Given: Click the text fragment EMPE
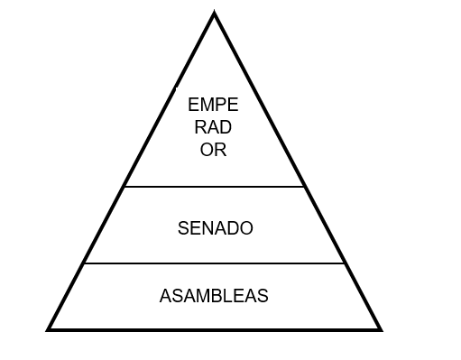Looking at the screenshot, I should pyautogui.click(x=214, y=106).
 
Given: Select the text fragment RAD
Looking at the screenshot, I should pyautogui.click(x=214, y=128).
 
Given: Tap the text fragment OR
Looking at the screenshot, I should pyautogui.click(x=214, y=150).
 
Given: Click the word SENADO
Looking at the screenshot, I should pyautogui.click(x=216, y=228).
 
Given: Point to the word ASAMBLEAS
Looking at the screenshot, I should pyautogui.click(x=214, y=296).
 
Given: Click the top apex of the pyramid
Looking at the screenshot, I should pyautogui.click(x=215, y=14).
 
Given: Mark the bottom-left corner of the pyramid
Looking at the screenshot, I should pyautogui.click(x=49, y=329).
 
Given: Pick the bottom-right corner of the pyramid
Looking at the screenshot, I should pyautogui.click(x=380, y=329).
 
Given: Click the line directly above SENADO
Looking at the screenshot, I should pyautogui.click(x=214, y=187).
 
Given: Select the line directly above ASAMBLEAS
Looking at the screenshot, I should pyautogui.click(x=214, y=263).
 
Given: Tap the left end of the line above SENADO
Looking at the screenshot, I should pyautogui.click(x=124, y=187).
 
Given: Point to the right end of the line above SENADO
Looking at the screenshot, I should pyautogui.click(x=304, y=187).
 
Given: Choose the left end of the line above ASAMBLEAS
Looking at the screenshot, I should pyautogui.click(x=84, y=263).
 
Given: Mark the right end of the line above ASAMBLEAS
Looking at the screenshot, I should pyautogui.click(x=345, y=263).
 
